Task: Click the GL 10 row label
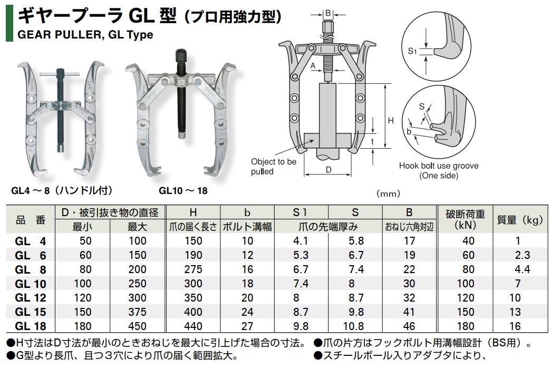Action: click(x=31, y=284)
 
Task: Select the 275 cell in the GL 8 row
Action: click(x=194, y=269)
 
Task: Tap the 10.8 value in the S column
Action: click(x=353, y=326)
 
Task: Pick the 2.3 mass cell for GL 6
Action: click(x=522, y=255)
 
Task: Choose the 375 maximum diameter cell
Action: click(x=137, y=312)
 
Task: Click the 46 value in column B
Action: click(x=409, y=326)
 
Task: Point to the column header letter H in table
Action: click(x=193, y=212)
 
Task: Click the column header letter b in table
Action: click(x=247, y=212)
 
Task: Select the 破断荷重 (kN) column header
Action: click(x=465, y=220)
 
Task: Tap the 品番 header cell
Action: click(x=31, y=220)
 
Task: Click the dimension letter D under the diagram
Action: click(x=328, y=170)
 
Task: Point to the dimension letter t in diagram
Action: click(x=372, y=141)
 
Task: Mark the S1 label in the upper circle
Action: click(x=412, y=51)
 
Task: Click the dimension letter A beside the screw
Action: click(x=313, y=66)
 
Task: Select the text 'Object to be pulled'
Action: click(x=274, y=167)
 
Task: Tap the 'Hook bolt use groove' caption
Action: click(x=439, y=166)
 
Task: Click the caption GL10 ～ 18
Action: click(x=183, y=191)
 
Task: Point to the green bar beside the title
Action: click(x=9, y=23)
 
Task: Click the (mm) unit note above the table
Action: click(x=388, y=193)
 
